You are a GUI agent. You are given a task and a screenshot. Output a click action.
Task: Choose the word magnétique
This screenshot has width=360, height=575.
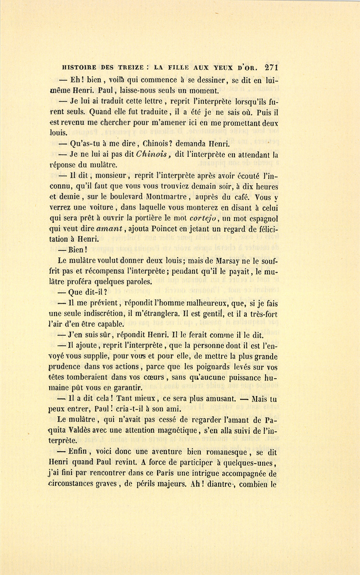pos(184,431)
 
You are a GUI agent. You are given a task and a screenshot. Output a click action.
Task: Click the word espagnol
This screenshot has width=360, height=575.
pos(261,218)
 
